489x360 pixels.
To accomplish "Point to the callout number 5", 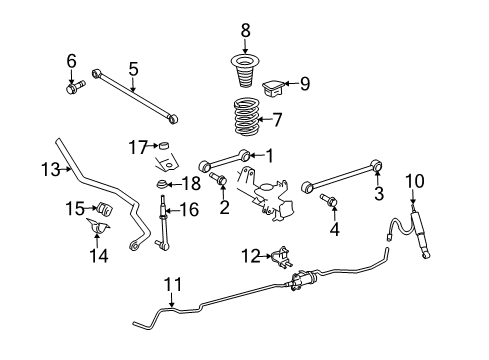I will click(132, 68).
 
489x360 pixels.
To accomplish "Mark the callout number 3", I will click(378, 192).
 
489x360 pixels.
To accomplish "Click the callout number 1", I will click(267, 155).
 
